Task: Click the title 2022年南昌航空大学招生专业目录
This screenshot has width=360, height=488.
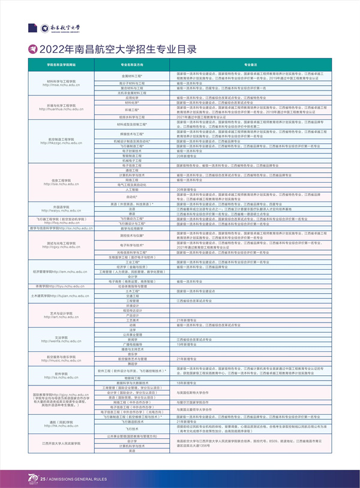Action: point(118,49)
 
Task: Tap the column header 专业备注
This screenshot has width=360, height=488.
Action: point(251,64)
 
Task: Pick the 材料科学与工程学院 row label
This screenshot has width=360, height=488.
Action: point(61,81)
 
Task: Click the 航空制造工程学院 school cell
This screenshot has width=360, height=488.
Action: point(61,140)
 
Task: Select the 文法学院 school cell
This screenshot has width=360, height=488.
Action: point(61,338)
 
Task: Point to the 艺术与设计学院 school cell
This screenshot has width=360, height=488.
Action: point(61,314)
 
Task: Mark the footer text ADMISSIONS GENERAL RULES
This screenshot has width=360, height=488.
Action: point(76,479)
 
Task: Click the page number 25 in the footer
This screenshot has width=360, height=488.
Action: point(43,479)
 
